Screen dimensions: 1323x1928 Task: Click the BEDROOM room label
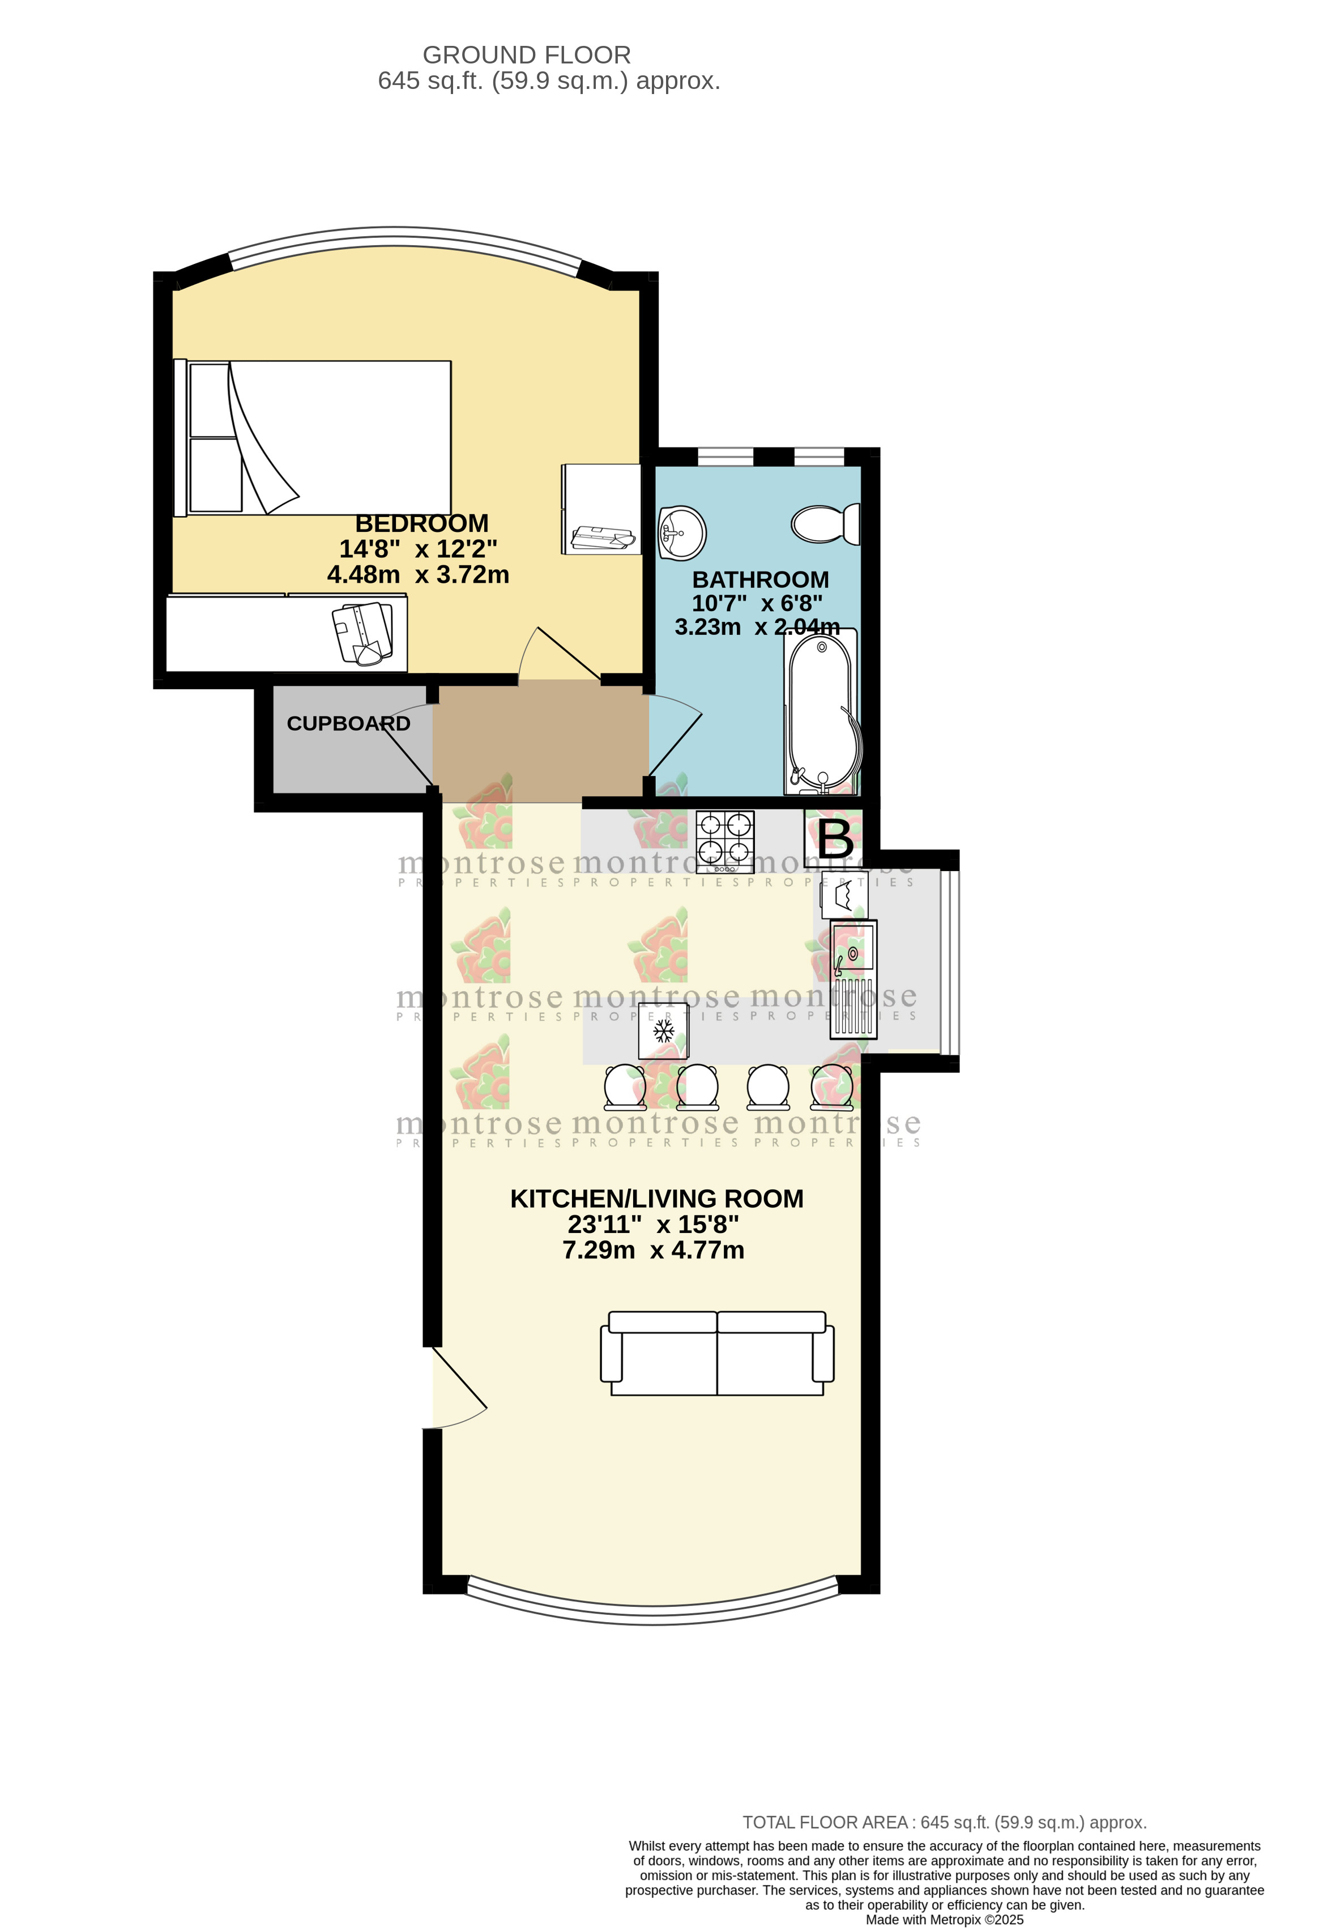coord(421,523)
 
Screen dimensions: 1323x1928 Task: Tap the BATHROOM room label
coord(761,580)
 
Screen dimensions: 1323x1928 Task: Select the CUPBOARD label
coord(348,723)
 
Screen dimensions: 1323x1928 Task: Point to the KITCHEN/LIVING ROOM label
coord(656,1199)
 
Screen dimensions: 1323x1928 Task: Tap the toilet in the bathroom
coord(825,524)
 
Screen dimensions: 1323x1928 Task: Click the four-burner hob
coord(725,841)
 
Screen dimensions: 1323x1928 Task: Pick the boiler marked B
coord(834,839)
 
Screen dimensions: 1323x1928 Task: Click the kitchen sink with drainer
coord(853,979)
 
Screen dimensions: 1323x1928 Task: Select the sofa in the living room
coord(718,1353)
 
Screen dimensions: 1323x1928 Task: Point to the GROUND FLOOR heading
coord(527,55)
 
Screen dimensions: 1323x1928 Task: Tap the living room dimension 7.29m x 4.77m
coord(654,1250)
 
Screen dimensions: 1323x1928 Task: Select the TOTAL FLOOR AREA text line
coord(945,1823)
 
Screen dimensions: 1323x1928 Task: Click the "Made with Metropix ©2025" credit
coord(945,1920)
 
